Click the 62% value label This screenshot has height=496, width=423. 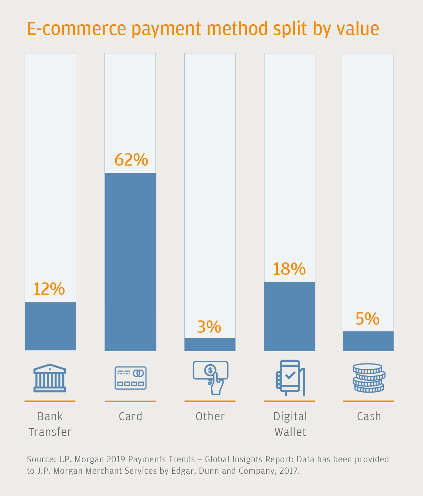pyautogui.click(x=131, y=160)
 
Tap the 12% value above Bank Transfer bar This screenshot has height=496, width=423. pyautogui.click(x=49, y=289)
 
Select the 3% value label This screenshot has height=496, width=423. pyautogui.click(x=209, y=327)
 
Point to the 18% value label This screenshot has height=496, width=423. pyautogui.click(x=289, y=269)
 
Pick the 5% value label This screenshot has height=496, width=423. pyautogui.click(x=367, y=319)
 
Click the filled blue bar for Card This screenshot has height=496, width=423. pyautogui.click(x=131, y=262)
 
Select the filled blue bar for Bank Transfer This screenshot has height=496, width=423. pyautogui.click(x=50, y=326)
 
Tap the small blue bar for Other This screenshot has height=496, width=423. pyautogui.click(x=210, y=344)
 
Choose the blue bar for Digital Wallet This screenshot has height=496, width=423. pyautogui.click(x=290, y=316)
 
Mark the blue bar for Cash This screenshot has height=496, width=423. pyautogui.click(x=368, y=341)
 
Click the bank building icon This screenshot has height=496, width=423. pyautogui.click(x=50, y=378)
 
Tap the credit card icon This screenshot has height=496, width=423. pyautogui.click(x=131, y=378)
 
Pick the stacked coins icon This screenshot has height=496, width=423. pyautogui.click(x=369, y=378)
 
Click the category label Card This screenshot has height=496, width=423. pyautogui.click(x=131, y=416)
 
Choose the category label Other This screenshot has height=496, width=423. pyautogui.click(x=210, y=416)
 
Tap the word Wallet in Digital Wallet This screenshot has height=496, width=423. pyautogui.click(x=290, y=432)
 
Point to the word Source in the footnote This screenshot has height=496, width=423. pyautogui.click(x=41, y=460)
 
